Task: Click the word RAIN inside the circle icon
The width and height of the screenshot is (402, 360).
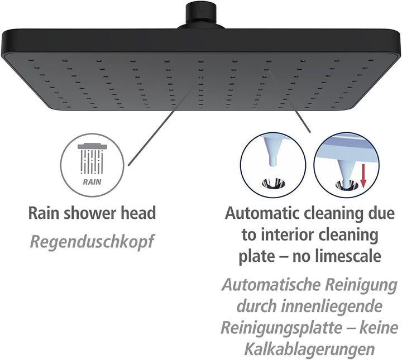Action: click(92, 182)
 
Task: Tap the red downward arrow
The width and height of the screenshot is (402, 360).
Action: click(363, 176)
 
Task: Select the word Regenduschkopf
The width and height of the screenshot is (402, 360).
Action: click(92, 241)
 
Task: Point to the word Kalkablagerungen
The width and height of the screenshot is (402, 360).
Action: click(310, 348)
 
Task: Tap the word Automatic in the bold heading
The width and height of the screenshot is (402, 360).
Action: click(262, 213)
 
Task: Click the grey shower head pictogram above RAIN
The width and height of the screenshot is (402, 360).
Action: click(92, 159)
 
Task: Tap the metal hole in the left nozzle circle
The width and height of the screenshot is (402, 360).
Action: click(273, 184)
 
